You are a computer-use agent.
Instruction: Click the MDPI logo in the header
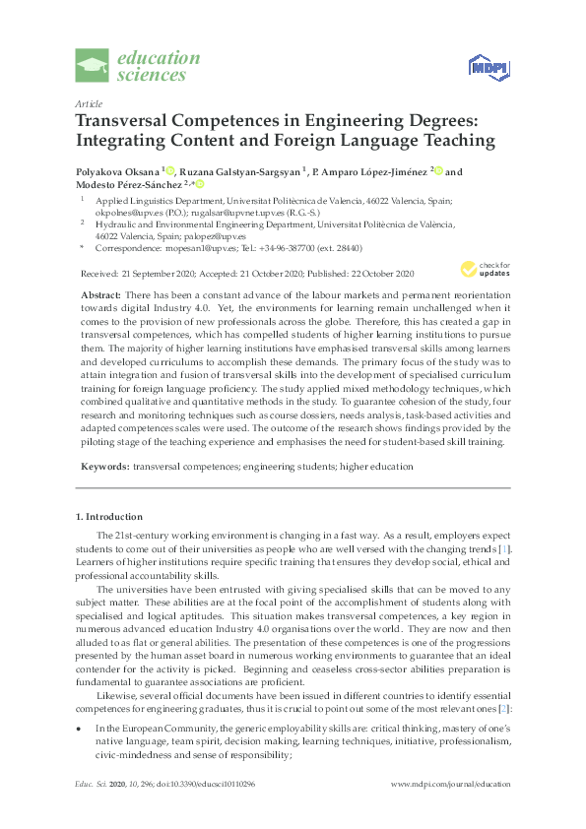487,66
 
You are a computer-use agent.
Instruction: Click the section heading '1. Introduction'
109,516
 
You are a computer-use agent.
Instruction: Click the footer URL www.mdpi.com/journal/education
450,810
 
